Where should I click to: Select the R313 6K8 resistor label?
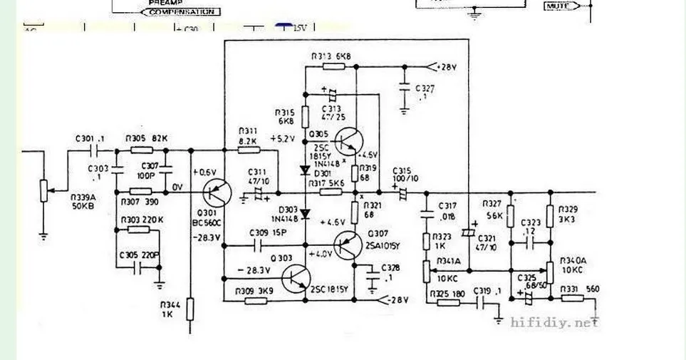tap(331, 56)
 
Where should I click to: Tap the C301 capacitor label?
tap(90, 138)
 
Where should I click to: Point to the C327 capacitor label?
tap(428, 93)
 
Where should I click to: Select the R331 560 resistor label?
tap(578, 289)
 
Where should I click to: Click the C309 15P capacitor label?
tap(268, 232)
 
